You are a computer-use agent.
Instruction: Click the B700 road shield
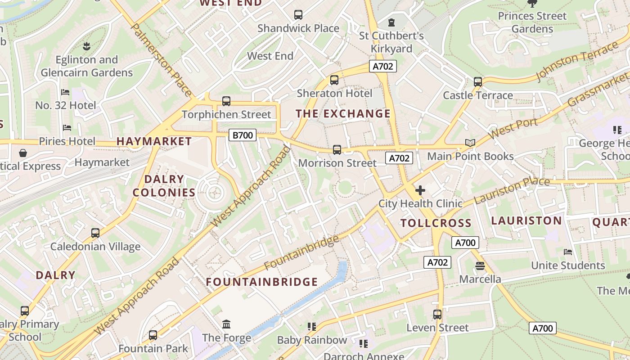(x=243, y=135)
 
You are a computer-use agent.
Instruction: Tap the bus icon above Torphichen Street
(x=226, y=101)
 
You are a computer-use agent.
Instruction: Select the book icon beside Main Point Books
(x=470, y=143)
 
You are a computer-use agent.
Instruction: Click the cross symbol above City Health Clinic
(x=420, y=190)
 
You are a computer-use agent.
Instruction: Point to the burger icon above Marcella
(x=480, y=265)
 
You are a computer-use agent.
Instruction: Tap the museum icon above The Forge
(x=226, y=324)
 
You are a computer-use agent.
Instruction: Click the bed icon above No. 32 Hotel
(x=66, y=92)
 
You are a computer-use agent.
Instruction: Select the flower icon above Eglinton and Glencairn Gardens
(x=86, y=46)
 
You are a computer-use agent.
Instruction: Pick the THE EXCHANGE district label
(x=343, y=114)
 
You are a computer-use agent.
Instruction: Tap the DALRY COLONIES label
(x=164, y=186)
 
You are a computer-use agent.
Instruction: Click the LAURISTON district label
(x=526, y=220)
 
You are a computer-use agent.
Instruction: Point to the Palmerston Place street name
(x=162, y=60)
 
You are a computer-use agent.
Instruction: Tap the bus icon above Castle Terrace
(x=478, y=82)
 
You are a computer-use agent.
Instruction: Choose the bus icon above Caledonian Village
(x=95, y=233)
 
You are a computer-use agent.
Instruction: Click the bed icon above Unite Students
(x=568, y=252)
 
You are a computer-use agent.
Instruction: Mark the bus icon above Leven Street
(x=437, y=315)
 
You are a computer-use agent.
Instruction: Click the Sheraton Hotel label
(x=334, y=94)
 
